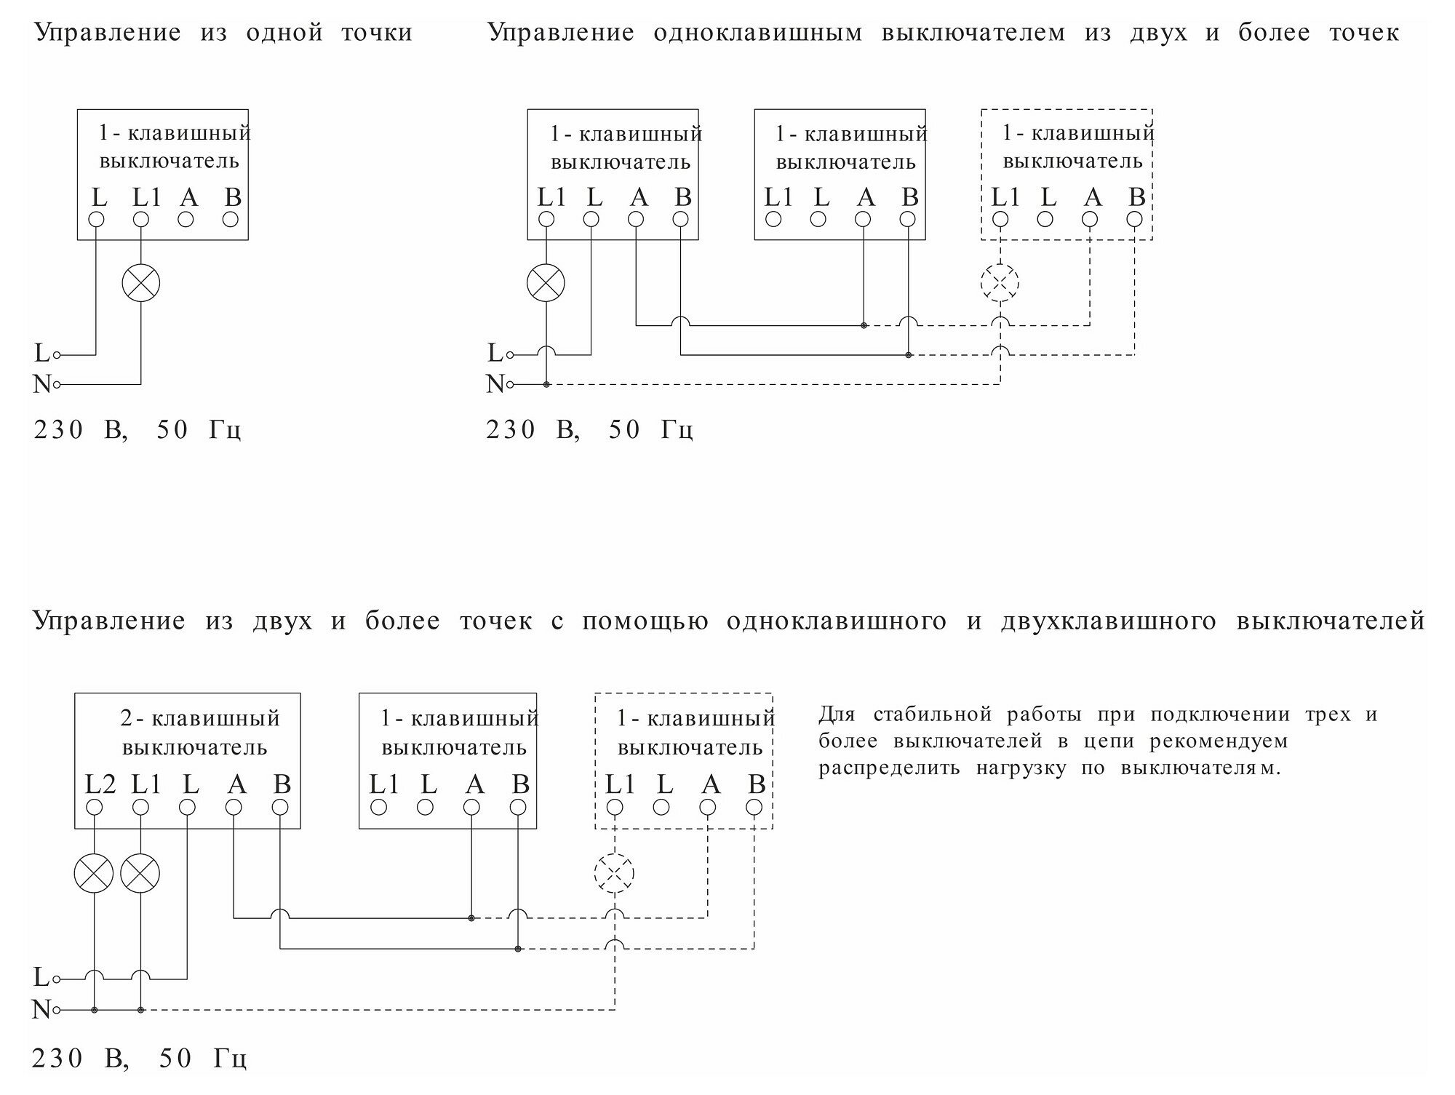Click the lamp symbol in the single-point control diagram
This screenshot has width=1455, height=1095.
(x=140, y=283)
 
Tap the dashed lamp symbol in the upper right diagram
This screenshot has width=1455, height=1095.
(x=1000, y=282)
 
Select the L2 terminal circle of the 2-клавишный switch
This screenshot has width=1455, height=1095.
(x=95, y=807)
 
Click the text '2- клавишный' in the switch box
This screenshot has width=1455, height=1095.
(x=200, y=719)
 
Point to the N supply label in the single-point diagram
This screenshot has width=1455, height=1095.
(x=41, y=384)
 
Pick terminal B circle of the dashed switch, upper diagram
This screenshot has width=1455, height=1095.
(x=1134, y=219)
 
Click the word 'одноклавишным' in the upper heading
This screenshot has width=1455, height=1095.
(x=757, y=33)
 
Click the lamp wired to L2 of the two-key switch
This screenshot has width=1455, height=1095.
(x=95, y=874)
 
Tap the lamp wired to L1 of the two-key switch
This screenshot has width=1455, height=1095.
(x=140, y=874)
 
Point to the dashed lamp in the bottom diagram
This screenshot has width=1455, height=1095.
(x=615, y=873)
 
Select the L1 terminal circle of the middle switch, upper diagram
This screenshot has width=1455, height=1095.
(x=773, y=219)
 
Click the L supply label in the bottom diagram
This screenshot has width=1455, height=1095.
(x=41, y=978)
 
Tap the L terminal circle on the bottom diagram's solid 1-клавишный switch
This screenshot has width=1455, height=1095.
(x=426, y=807)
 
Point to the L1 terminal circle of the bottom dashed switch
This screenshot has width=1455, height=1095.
(x=615, y=807)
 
